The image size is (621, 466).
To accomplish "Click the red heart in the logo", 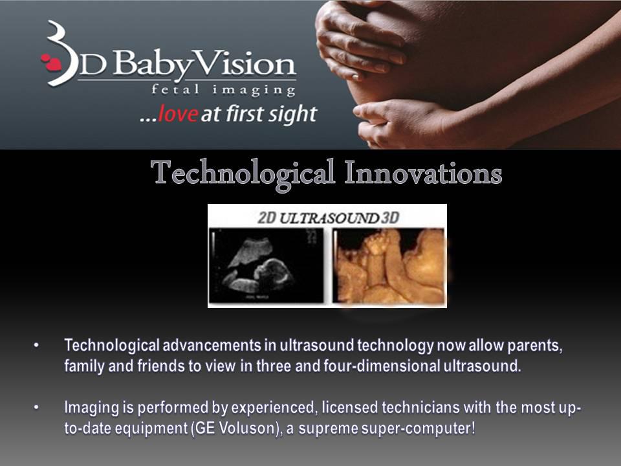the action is point(51,63).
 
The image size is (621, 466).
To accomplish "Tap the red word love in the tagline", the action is point(178,114).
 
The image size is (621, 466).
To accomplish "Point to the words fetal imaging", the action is point(223,90).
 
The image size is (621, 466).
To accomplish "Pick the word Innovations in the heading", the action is point(423,172).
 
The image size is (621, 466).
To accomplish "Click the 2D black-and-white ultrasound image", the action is point(266,265).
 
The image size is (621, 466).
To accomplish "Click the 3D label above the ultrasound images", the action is point(389,218).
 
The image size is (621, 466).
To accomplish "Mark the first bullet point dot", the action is point(36,346).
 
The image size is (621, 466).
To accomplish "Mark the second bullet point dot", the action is point(36,408).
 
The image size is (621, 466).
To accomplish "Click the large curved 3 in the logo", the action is point(60,53).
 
